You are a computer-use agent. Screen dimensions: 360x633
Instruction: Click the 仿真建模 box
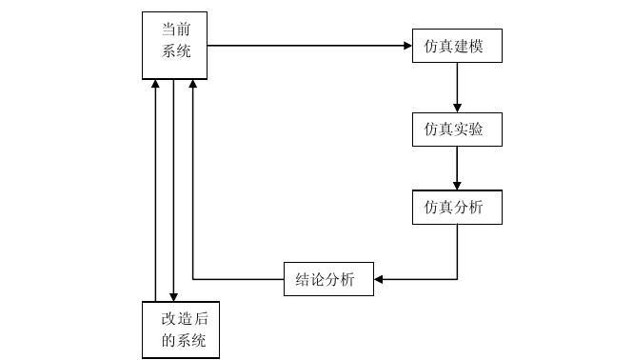pyautogui.click(x=457, y=46)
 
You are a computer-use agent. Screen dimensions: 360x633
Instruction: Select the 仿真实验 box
pyautogui.click(x=457, y=129)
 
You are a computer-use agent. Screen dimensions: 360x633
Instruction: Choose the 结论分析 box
pyautogui.click(x=328, y=279)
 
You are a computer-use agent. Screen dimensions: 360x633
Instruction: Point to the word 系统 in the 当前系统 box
pyautogui.click(x=176, y=51)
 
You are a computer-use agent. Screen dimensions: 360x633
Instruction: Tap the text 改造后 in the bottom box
pyautogui.click(x=183, y=319)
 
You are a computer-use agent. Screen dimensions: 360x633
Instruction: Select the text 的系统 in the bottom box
pyautogui.click(x=183, y=341)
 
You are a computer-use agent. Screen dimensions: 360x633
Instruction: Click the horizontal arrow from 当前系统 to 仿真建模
pyautogui.click(x=305, y=46)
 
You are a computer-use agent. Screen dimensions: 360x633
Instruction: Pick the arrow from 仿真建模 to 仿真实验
pyautogui.click(x=457, y=87)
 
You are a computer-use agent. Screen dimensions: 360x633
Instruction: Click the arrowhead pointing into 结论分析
pyautogui.click(x=379, y=279)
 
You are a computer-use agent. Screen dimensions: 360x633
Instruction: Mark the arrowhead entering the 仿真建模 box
pyautogui.click(x=406, y=46)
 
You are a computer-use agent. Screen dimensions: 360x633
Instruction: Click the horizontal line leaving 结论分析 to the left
pyautogui.click(x=238, y=279)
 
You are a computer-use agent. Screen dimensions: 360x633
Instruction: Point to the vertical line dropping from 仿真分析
pyautogui.click(x=457, y=250)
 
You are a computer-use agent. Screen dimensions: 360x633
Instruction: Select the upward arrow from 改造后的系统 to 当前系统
pyautogui.click(x=155, y=190)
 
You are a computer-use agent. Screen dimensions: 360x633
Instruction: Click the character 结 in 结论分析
pyautogui.click(x=300, y=279)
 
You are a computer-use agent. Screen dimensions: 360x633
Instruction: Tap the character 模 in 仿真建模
pyautogui.click(x=488, y=46)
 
